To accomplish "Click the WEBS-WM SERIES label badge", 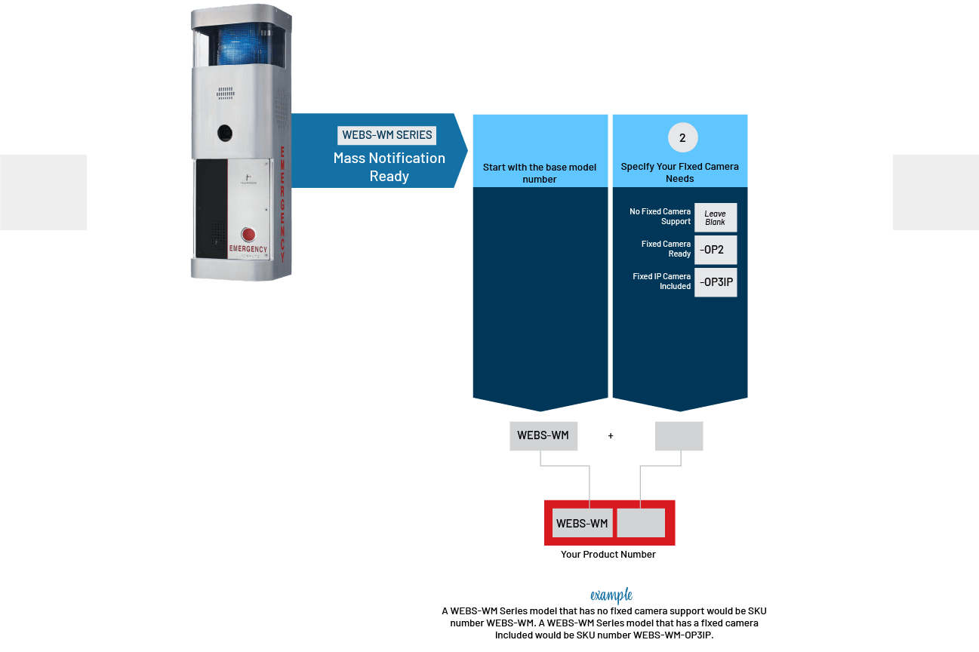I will click(387, 135).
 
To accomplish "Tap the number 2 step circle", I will click(682, 138).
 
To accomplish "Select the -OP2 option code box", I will click(715, 250).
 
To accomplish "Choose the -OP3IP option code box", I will click(715, 282).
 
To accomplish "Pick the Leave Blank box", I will click(715, 218).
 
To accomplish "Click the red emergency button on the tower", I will click(248, 234).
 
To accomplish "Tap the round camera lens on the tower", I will click(225, 132).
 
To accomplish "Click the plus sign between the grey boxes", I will click(611, 435).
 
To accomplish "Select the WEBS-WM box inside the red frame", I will click(582, 523).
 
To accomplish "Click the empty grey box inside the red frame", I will click(641, 523).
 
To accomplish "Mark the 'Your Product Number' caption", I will click(608, 555).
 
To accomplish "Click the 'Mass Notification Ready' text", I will click(389, 167).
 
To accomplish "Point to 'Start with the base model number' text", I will click(540, 173).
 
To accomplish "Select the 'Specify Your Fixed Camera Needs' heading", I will click(679, 172).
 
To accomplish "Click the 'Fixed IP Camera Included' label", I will click(661, 281).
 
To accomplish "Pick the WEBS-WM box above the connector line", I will click(543, 435).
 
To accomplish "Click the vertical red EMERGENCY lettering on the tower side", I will click(282, 199).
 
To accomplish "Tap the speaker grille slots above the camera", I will click(226, 94).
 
